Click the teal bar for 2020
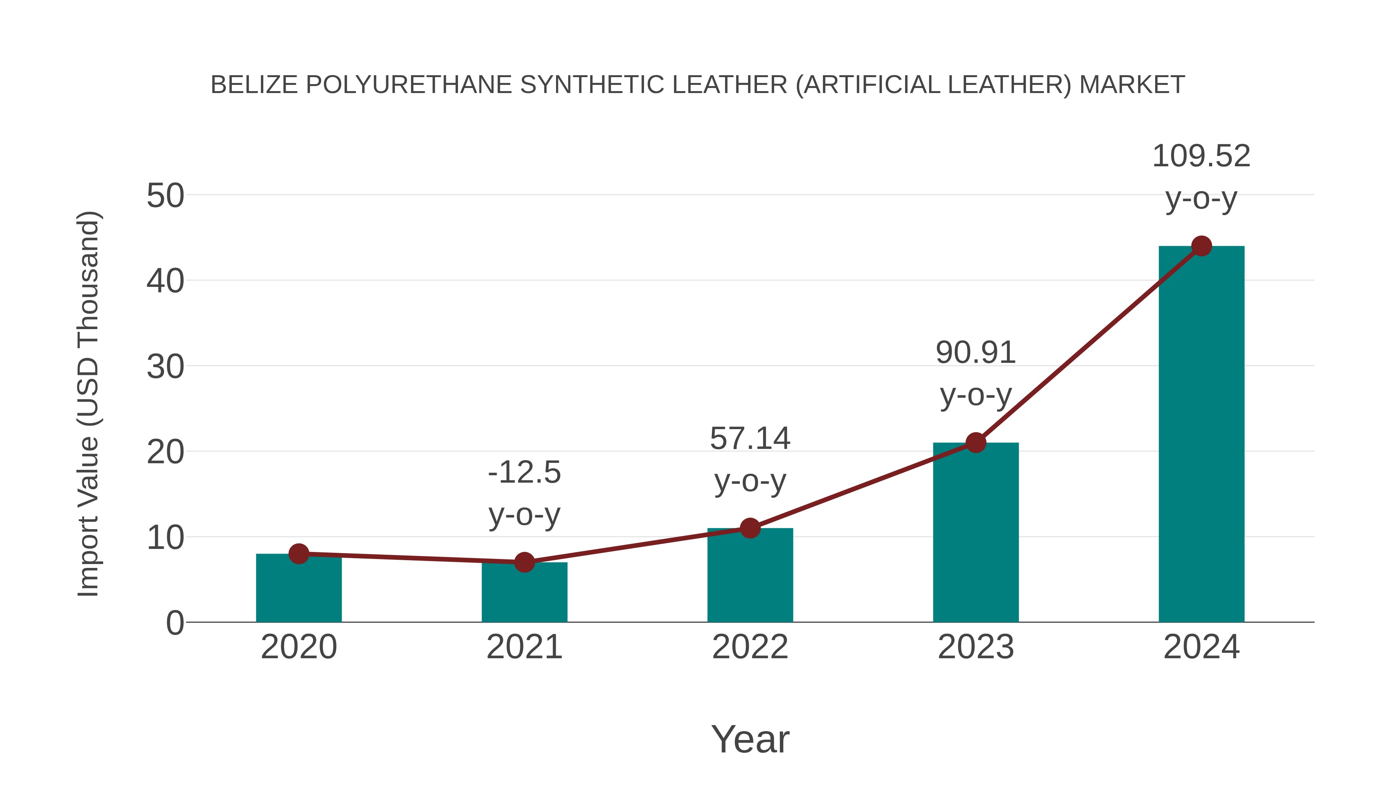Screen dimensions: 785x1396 [299, 590]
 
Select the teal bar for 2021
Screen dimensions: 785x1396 [524, 594]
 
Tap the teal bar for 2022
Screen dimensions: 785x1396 [750, 577]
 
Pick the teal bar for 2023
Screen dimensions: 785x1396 [976, 534]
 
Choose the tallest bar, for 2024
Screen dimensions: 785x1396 [1201, 433]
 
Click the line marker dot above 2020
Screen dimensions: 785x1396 [299, 554]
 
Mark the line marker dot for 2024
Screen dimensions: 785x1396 [1201, 246]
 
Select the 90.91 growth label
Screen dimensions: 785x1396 [976, 353]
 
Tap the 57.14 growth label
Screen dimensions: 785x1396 [750, 438]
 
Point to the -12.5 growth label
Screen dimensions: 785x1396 [524, 473]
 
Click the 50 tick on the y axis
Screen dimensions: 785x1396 [165, 196]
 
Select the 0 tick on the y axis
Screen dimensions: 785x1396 [175, 623]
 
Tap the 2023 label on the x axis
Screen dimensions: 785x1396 [976, 647]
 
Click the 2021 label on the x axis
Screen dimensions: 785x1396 [524, 647]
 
